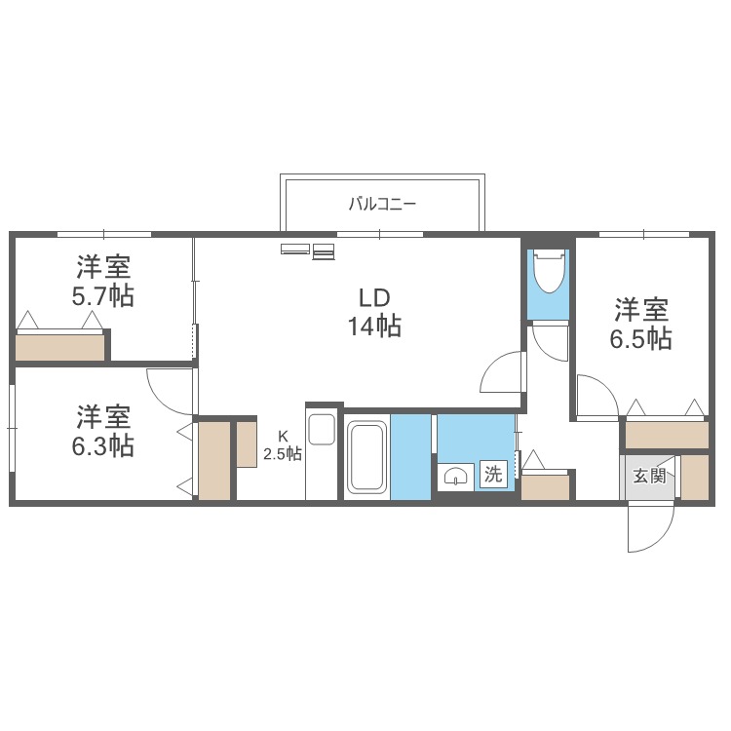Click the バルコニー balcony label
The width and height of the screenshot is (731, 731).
click(x=382, y=205)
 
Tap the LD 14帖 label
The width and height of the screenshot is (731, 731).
click(x=374, y=312)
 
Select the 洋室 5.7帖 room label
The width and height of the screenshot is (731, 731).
click(x=103, y=281)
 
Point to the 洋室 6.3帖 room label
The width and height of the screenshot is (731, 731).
click(x=103, y=431)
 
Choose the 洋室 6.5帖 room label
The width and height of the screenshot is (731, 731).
click(x=641, y=324)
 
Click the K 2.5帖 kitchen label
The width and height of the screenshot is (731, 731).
click(x=283, y=445)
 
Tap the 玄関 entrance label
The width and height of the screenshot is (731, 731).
click(x=649, y=477)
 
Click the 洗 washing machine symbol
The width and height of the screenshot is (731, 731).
click(x=493, y=475)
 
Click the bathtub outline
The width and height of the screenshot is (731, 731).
click(x=367, y=457)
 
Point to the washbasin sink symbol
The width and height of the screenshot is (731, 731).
click(x=455, y=477)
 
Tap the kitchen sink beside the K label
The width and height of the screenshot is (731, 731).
click(x=322, y=429)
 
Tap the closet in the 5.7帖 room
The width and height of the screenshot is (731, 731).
click(x=60, y=347)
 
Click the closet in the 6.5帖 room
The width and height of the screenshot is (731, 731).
click(x=667, y=435)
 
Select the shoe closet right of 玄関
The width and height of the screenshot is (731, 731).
click(x=695, y=477)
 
